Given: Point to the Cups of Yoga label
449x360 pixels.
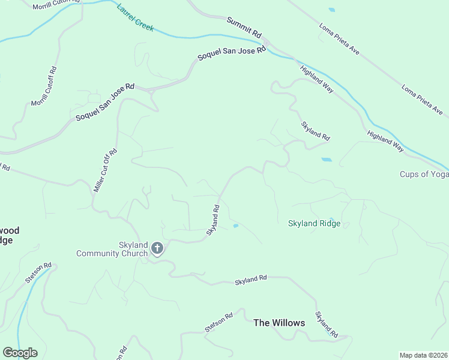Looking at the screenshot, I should [424, 175].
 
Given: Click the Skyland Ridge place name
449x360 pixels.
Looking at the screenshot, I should [314, 224].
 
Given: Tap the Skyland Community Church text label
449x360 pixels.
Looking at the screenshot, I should [112, 249].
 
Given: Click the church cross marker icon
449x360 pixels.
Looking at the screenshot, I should [157, 248].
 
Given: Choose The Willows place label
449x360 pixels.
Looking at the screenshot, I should [279, 323].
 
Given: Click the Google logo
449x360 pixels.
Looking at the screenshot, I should [20, 353].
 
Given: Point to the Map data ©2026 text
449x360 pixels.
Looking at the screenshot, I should [423, 355].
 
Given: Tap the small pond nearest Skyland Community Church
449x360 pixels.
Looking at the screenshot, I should [235, 226].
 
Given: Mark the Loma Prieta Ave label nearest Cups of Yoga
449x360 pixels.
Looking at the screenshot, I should [422, 100].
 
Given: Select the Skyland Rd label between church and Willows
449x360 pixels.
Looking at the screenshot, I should [250, 280].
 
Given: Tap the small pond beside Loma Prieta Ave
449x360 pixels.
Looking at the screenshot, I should [332, 10].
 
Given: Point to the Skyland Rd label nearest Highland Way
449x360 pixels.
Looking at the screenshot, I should [315, 131].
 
